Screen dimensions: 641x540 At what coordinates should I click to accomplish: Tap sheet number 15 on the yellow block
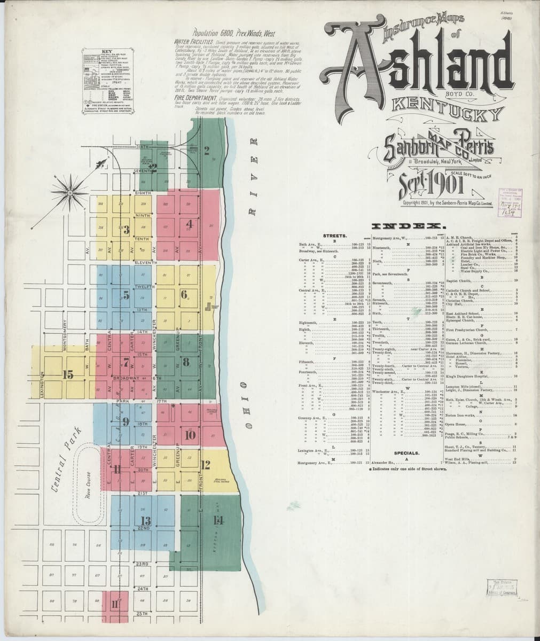click(67, 374)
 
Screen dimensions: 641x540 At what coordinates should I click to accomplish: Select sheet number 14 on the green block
click(217, 520)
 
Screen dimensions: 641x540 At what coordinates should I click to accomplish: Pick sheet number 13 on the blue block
click(145, 520)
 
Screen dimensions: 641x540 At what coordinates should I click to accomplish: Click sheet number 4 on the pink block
click(189, 223)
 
